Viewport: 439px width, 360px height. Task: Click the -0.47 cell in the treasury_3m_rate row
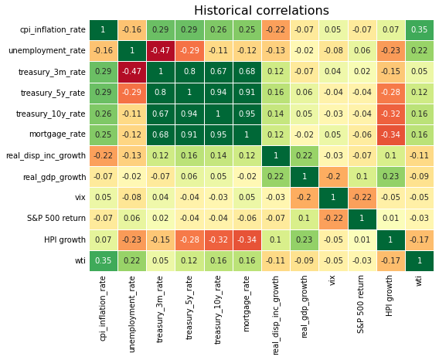[131, 72]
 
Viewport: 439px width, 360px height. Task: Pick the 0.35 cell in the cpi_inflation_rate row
[420, 30]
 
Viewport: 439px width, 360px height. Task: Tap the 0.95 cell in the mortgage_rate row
[218, 134]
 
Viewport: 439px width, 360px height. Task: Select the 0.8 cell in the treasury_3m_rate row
[189, 72]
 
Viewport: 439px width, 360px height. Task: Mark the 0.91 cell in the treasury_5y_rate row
[247, 93]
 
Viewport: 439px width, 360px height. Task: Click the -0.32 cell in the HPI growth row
[218, 239]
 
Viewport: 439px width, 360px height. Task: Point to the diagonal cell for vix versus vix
[333, 198]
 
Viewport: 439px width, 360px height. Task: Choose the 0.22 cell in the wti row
[131, 260]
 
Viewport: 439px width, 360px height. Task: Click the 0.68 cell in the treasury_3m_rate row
[247, 72]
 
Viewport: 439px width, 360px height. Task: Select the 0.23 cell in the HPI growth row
[305, 239]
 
